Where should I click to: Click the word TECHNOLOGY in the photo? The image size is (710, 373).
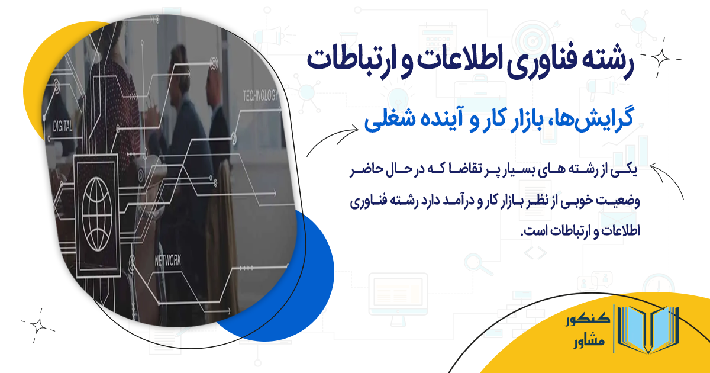tap(260, 96)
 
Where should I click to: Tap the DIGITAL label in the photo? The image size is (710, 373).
tap(63, 126)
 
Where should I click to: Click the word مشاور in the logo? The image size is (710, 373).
tap(589, 343)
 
